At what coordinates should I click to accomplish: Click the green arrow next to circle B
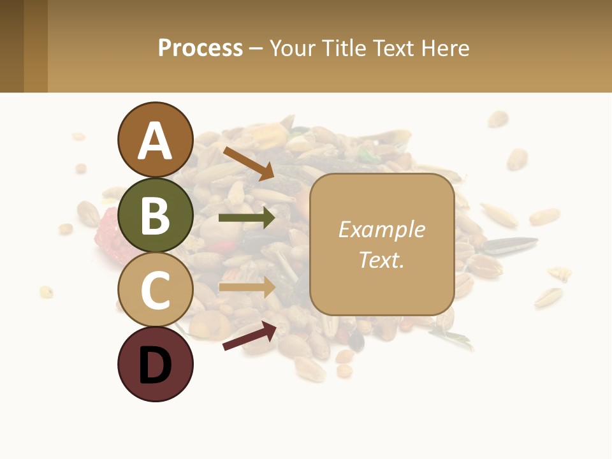click(247, 218)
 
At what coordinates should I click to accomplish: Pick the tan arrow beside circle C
click(247, 287)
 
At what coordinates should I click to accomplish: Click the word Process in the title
click(200, 48)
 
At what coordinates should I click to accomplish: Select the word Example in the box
click(381, 229)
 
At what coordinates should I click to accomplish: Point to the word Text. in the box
click(381, 259)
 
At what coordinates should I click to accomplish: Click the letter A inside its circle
click(155, 142)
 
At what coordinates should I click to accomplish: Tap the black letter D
click(155, 366)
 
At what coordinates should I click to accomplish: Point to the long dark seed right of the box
click(510, 244)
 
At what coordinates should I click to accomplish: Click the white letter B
click(155, 215)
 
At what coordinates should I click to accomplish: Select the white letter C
click(155, 291)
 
